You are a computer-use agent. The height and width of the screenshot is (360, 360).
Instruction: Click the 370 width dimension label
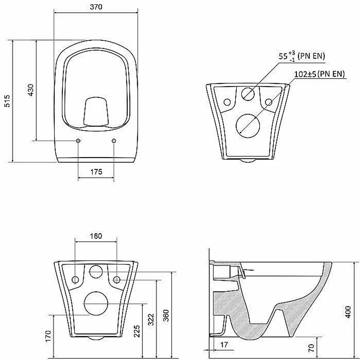pyautogui.click(x=96, y=7)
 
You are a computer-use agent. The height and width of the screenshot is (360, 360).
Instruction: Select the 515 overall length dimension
pyautogui.click(x=7, y=101)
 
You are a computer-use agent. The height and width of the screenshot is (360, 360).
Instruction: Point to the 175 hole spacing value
pyautogui.click(x=96, y=172)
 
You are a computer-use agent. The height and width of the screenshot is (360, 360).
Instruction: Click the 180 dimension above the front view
pyautogui.click(x=96, y=236)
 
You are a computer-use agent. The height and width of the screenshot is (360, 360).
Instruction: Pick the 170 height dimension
pyautogui.click(x=48, y=336)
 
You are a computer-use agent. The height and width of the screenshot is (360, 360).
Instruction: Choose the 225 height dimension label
pyautogui.click(x=137, y=331)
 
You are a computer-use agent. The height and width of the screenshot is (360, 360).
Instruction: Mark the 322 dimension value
pyautogui.click(x=151, y=319)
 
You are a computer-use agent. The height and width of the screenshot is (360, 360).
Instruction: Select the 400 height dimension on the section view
pyautogui.click(x=348, y=312)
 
